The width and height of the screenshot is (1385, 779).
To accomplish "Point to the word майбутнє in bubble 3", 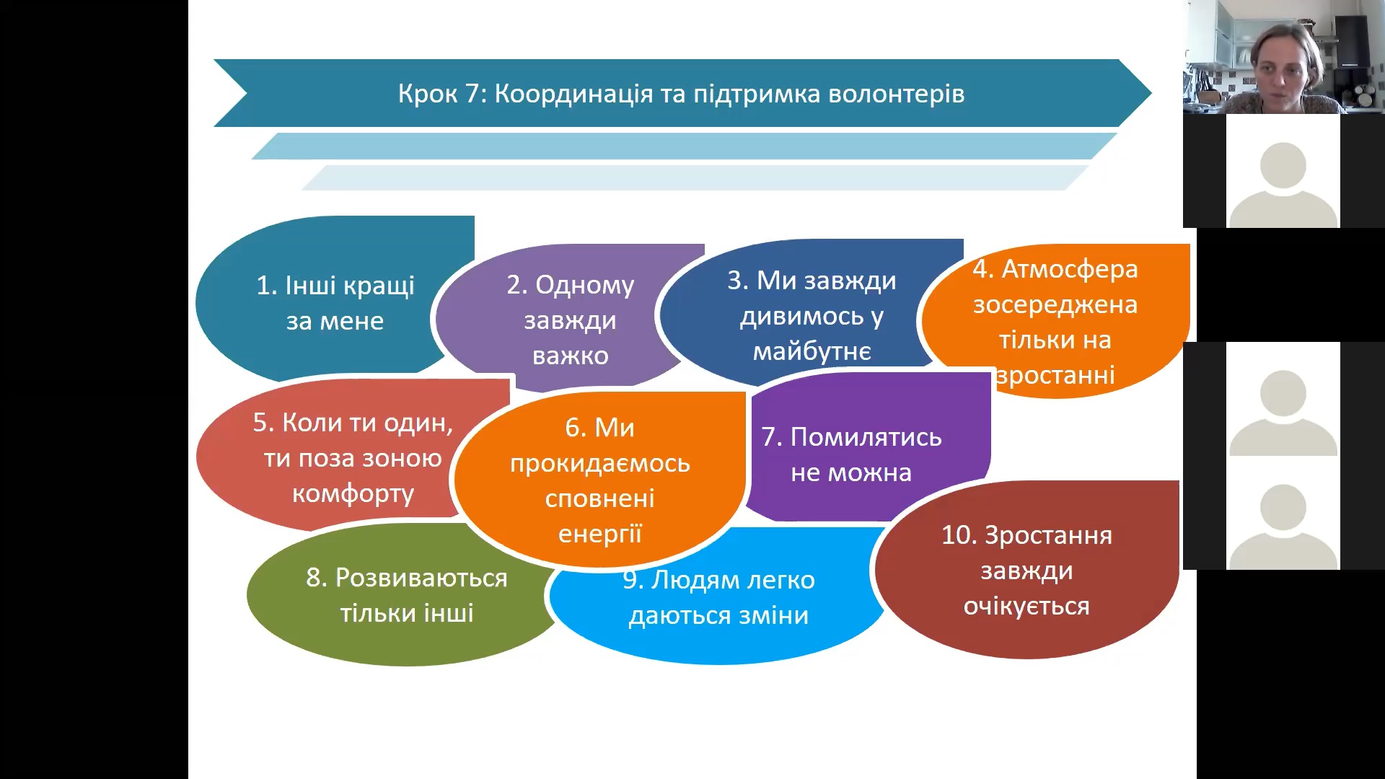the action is click(812, 352).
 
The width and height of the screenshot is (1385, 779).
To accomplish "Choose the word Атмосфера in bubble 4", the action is click(1070, 269).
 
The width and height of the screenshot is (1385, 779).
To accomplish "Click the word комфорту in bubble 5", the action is click(353, 494).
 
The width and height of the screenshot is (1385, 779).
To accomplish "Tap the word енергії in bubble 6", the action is click(599, 534).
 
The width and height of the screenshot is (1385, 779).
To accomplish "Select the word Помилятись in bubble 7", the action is click(866, 437).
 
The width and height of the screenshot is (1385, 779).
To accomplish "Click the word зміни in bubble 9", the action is click(773, 615).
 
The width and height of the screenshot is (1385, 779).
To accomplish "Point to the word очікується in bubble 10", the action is click(1026, 607).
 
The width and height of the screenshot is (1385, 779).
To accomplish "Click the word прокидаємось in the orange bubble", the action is click(599, 463).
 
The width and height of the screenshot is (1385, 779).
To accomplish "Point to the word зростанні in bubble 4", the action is click(1055, 376).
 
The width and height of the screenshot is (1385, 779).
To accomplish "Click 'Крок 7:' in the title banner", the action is click(440, 94).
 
